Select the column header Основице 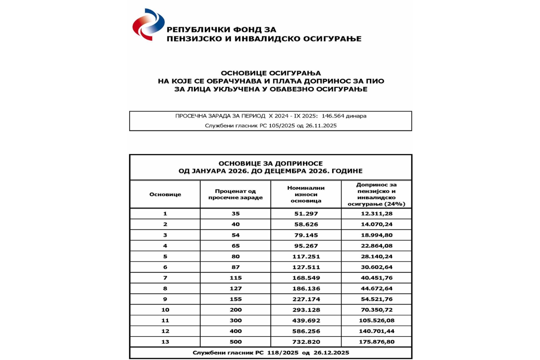165,194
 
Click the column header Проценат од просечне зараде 235,194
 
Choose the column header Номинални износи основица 306,194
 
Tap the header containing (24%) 376,204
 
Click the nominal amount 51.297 306,214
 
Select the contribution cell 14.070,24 377,225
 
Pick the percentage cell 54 235,235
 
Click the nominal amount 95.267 306,246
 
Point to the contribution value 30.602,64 377,267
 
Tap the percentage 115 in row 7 235,278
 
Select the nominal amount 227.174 306,299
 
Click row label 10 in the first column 165,310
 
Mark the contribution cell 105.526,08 377,320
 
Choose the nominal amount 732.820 306,342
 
